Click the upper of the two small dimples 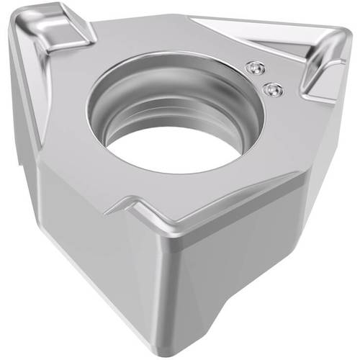coord(253,67)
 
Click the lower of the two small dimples coord(271,89)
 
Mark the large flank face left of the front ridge coord(94,245)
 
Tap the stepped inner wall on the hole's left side coord(108,115)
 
